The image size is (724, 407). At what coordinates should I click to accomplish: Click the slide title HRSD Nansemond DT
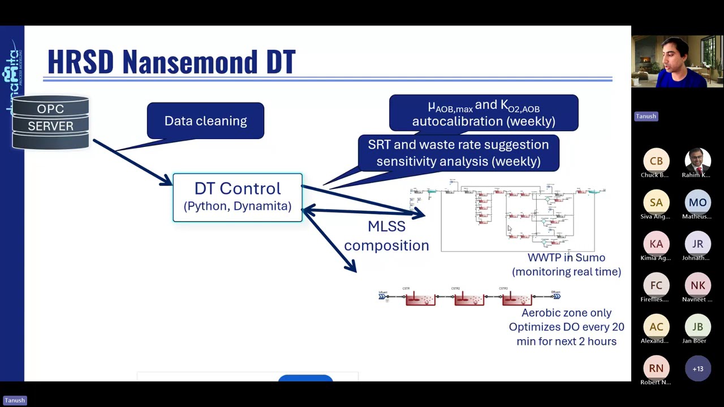tap(171, 62)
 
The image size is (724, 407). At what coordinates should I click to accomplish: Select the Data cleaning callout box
tap(205, 120)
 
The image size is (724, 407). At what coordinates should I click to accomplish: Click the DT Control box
tap(238, 197)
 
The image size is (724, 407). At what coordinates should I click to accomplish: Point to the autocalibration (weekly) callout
tap(484, 113)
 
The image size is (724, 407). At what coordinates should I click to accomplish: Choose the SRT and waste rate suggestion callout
tap(458, 153)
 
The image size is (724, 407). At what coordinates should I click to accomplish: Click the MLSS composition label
tap(386, 236)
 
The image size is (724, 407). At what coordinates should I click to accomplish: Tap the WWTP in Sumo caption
tap(566, 265)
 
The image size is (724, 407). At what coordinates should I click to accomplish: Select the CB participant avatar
tap(656, 161)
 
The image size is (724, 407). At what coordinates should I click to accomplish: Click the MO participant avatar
tap(697, 202)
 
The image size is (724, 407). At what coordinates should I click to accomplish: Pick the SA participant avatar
tap(656, 202)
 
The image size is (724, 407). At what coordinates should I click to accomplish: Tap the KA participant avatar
tap(656, 244)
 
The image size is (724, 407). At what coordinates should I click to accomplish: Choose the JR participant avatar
tap(697, 244)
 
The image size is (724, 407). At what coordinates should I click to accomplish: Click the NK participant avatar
tap(697, 285)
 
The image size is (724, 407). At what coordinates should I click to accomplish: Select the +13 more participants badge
tap(697, 369)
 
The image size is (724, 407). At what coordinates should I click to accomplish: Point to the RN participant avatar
tap(656, 369)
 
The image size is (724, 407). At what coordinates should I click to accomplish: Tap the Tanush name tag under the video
tap(645, 116)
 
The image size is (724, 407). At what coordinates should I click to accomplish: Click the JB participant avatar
tap(697, 327)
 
